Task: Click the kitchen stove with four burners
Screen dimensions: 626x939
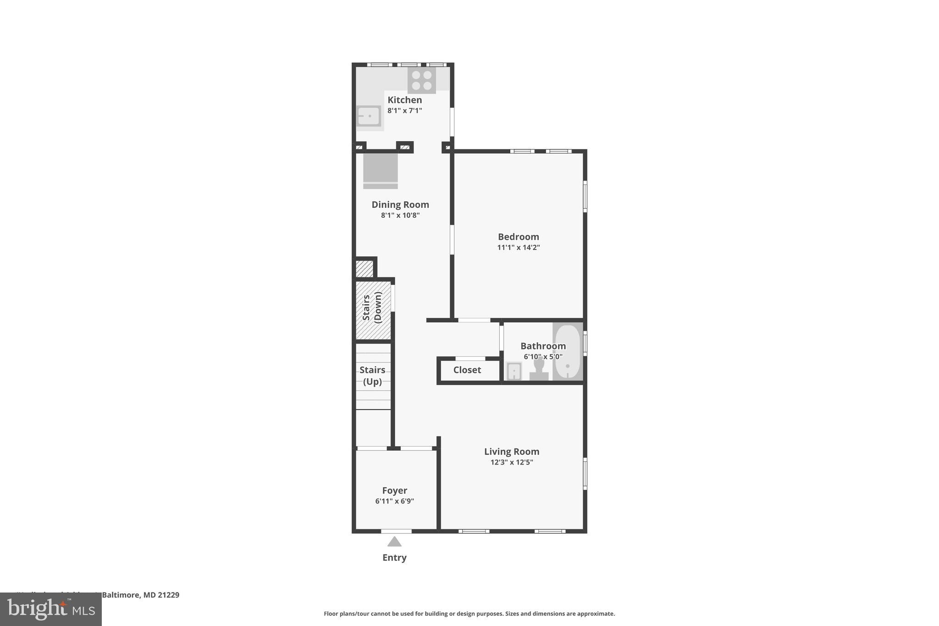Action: pos(421,81)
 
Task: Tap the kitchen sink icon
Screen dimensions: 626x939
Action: pos(369,116)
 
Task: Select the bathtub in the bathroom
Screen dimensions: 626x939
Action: pos(568,352)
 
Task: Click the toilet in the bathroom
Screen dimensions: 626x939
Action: pos(539,369)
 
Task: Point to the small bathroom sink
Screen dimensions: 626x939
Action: pos(514,371)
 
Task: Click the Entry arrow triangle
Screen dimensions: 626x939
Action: pos(394,542)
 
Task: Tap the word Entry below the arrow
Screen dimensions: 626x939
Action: pos(394,558)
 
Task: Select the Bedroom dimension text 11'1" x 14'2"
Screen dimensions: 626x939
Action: pos(519,248)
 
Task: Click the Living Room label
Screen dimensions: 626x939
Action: pos(512,451)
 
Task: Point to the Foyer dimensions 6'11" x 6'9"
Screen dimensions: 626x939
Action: pos(394,501)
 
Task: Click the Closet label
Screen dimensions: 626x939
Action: pos(467,370)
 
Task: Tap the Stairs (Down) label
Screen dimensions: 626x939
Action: pos(372,307)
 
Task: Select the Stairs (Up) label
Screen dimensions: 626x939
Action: pos(372,376)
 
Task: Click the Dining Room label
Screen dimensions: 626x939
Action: pos(400,205)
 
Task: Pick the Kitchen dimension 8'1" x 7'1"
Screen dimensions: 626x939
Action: pos(404,111)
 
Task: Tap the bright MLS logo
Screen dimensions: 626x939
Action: pos(51,609)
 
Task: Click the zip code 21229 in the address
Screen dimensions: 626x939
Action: pos(168,595)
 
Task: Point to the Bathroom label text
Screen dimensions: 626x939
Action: pos(543,346)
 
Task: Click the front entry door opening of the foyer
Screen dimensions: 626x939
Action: pos(396,531)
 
